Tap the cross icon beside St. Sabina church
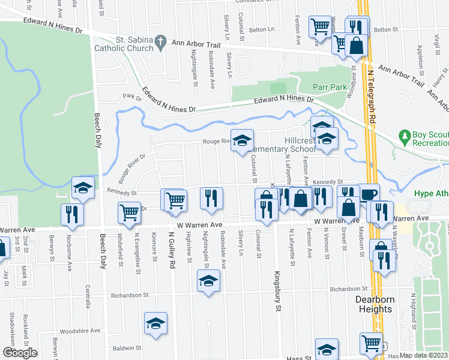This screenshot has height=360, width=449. (160, 42)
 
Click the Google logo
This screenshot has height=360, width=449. (19, 353)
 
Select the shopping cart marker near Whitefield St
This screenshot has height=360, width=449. (130, 212)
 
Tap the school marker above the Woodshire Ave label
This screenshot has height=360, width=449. (155, 323)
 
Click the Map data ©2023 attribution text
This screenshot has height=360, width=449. (423, 355)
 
